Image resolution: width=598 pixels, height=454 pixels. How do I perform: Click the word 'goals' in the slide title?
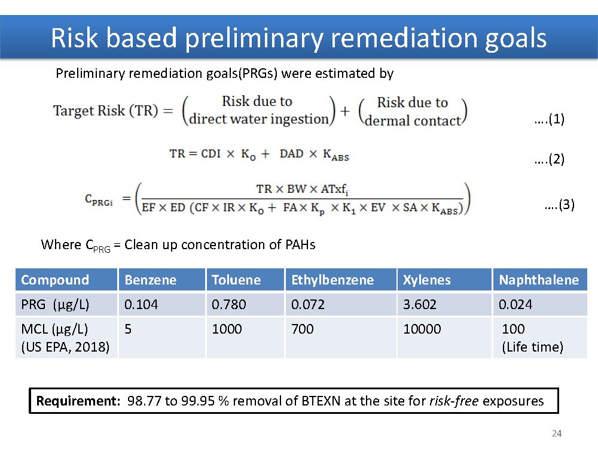[515, 38]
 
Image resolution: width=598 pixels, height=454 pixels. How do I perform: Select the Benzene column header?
[151, 280]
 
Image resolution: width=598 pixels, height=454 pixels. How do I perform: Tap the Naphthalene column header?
[539, 280]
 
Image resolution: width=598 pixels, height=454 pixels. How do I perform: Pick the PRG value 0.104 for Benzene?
[141, 304]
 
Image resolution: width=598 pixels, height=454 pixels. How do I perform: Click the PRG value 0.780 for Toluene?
[229, 304]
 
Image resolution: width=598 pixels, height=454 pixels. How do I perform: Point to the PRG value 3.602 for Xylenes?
[420, 304]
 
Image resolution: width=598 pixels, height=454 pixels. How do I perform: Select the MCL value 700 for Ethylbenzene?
[303, 329]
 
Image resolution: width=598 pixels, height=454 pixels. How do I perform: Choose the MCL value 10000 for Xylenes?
[422, 329]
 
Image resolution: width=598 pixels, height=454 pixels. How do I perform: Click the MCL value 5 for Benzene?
[128, 329]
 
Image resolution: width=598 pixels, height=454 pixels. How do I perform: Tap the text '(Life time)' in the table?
[532, 347]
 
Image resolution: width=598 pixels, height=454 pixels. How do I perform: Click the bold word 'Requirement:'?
[78, 401]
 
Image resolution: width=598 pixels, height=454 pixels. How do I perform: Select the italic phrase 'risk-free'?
[454, 401]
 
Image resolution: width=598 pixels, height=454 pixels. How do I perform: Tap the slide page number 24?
[557, 434]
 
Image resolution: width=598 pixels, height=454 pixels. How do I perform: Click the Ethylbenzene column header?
[332, 280]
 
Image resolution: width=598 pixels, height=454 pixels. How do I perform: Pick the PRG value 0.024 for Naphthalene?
[515, 304]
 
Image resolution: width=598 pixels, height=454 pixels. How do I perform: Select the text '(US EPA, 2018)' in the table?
[65, 347]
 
